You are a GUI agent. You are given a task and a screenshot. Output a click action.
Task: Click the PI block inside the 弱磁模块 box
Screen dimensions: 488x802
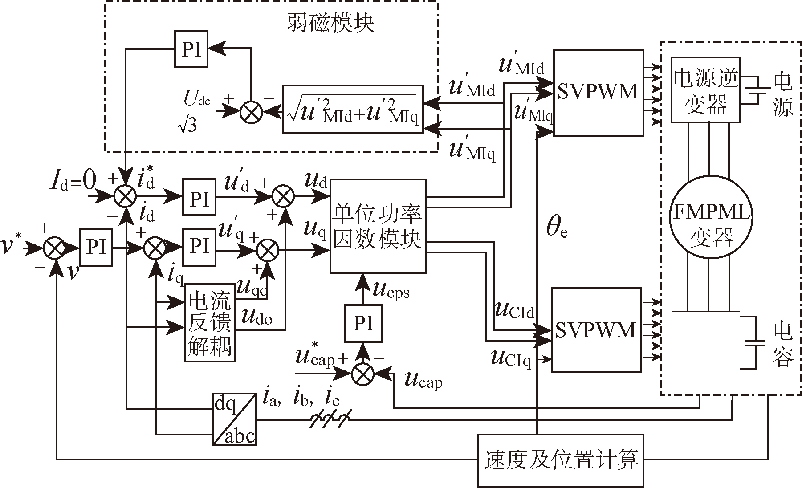(x=191, y=49)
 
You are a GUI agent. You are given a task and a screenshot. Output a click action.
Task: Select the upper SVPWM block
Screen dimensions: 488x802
(x=598, y=93)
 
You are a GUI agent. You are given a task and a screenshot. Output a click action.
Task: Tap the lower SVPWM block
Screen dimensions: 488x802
(x=596, y=330)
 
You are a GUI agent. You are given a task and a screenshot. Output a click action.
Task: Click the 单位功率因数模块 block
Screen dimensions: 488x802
(x=378, y=226)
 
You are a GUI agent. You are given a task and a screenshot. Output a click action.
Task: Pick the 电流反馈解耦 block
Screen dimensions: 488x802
(x=210, y=322)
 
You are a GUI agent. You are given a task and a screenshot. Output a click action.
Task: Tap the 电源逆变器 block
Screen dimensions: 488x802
(x=706, y=90)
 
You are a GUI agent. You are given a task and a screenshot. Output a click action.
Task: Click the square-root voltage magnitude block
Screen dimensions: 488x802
(x=353, y=109)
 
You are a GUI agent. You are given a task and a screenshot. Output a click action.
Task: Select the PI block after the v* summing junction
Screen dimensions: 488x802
(x=96, y=247)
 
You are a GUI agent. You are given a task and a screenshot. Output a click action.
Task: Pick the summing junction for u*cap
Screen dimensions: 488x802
(x=363, y=374)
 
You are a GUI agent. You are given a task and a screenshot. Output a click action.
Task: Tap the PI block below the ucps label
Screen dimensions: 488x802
(x=363, y=323)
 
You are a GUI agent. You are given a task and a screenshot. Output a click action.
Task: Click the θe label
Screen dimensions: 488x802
(x=557, y=228)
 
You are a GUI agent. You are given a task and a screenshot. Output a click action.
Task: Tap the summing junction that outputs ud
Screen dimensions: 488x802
(x=282, y=196)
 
